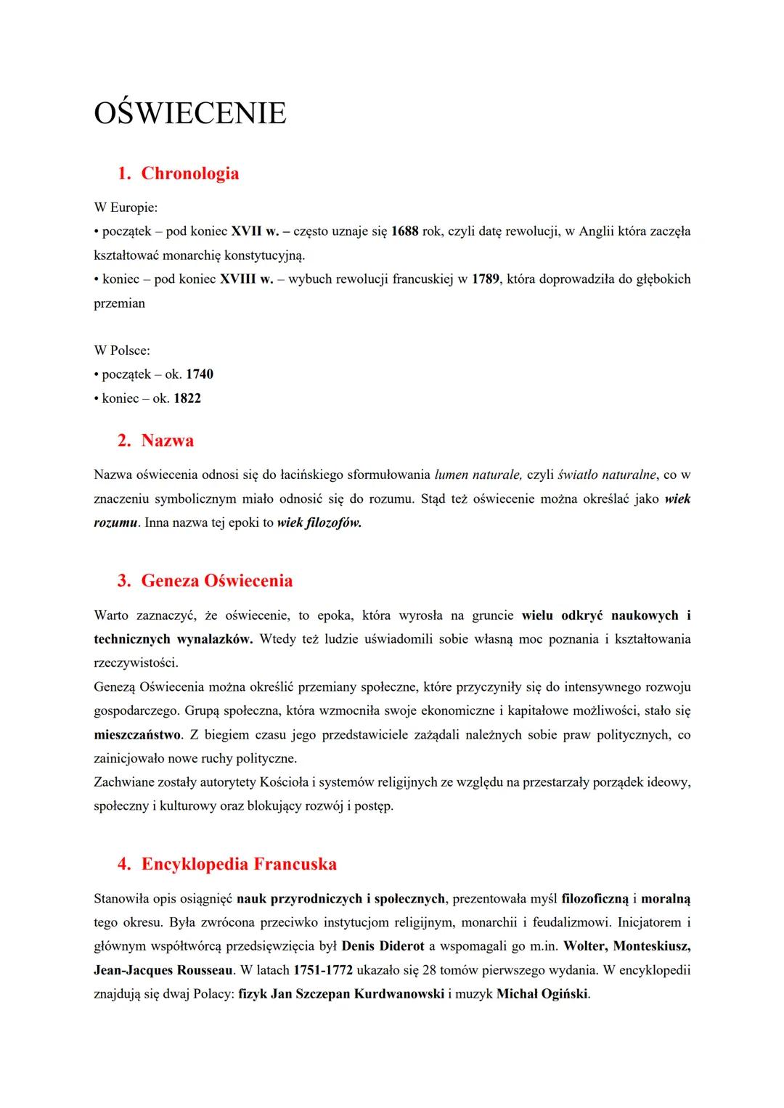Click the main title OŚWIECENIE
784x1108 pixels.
click(x=190, y=113)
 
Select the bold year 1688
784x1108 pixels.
click(x=404, y=231)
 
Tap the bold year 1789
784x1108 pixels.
click(x=485, y=279)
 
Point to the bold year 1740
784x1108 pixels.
click(x=200, y=374)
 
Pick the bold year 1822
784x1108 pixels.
click(x=187, y=398)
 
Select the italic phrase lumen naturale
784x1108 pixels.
click(x=478, y=475)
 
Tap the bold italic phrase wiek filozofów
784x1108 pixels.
click(x=319, y=523)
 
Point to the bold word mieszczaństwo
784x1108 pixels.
click(x=137, y=735)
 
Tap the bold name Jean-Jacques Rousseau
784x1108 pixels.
click(x=163, y=971)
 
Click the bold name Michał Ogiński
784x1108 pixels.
click(x=542, y=995)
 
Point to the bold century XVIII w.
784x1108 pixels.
click(x=246, y=279)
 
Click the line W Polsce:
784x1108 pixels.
click(x=122, y=350)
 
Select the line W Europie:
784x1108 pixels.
click(x=126, y=208)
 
